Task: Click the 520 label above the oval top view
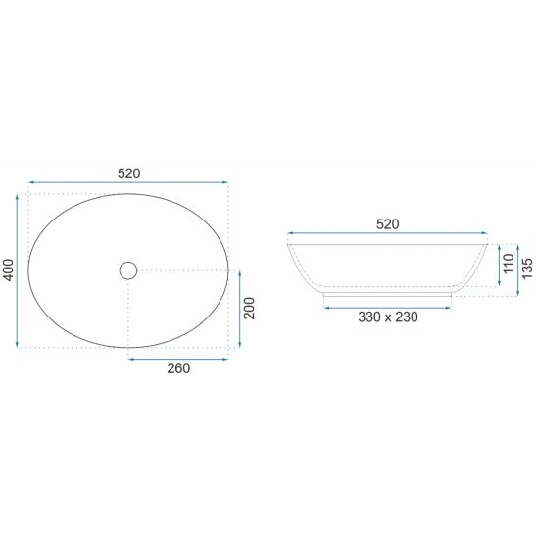tap(128, 173)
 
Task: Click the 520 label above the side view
tap(388, 224)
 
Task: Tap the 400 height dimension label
tap(8, 270)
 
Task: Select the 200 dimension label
tap(250, 309)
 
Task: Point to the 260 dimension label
tap(178, 368)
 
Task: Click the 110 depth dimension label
tap(509, 264)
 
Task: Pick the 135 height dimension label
tap(527, 268)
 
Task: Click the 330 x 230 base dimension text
tap(388, 317)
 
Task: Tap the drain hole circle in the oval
tap(128, 270)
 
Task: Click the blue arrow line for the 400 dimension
tap(17, 270)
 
